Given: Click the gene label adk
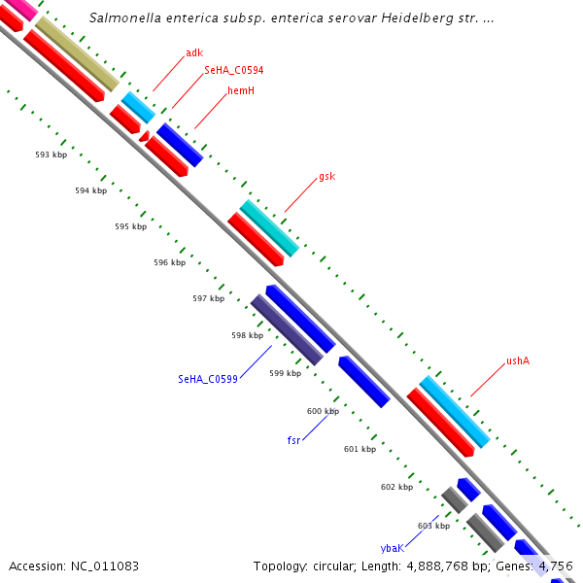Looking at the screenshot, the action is [194, 52].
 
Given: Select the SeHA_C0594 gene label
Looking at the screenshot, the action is [233, 71].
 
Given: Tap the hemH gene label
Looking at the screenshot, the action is [241, 90].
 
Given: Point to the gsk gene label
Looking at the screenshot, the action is [326, 177].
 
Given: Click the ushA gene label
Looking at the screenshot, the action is [517, 361].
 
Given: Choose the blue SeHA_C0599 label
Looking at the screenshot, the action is [208, 379].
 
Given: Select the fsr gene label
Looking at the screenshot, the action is [293, 440].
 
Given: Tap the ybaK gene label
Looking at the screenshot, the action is [392, 548].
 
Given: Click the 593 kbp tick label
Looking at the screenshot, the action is [51, 154].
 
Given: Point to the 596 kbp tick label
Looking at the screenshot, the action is [169, 262].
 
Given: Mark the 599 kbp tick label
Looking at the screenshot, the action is [285, 373].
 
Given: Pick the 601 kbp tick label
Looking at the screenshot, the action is [360, 449].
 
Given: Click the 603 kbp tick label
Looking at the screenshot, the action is [433, 526].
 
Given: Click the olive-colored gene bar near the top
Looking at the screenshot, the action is [78, 53].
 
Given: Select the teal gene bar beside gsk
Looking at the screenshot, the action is [269, 227].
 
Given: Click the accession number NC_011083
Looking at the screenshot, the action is [104, 566].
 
